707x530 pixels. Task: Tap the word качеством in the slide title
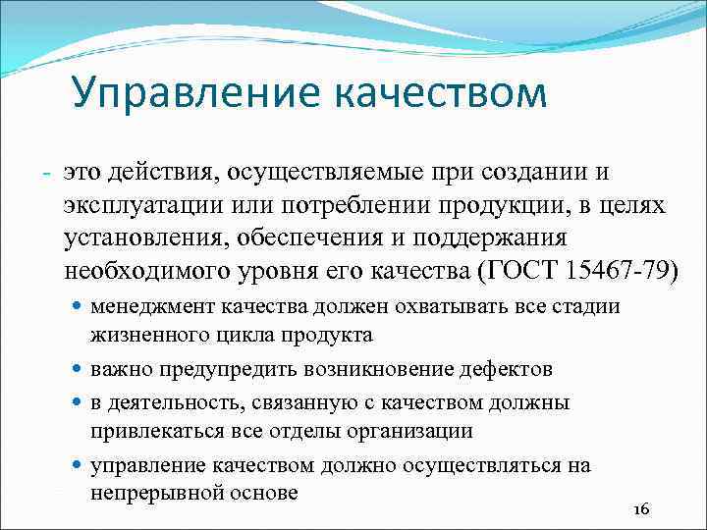pyautogui.click(x=441, y=95)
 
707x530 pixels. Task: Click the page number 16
pyautogui.click(x=642, y=509)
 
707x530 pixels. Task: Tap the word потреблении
pyautogui.click(x=366, y=207)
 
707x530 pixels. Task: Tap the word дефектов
pyautogui.click(x=505, y=369)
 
